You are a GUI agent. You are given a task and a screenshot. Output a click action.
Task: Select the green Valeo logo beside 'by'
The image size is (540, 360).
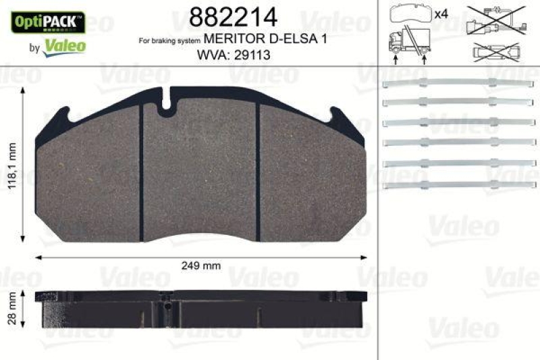click(64, 46)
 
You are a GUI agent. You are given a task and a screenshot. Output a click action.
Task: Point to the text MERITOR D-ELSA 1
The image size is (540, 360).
click(265, 40)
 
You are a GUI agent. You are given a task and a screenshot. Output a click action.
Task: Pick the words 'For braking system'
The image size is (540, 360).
click(169, 42)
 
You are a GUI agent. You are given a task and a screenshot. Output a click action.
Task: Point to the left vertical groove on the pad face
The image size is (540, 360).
click(140, 172)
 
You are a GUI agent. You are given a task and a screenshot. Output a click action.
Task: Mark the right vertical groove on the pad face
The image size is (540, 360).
click(258, 172)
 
